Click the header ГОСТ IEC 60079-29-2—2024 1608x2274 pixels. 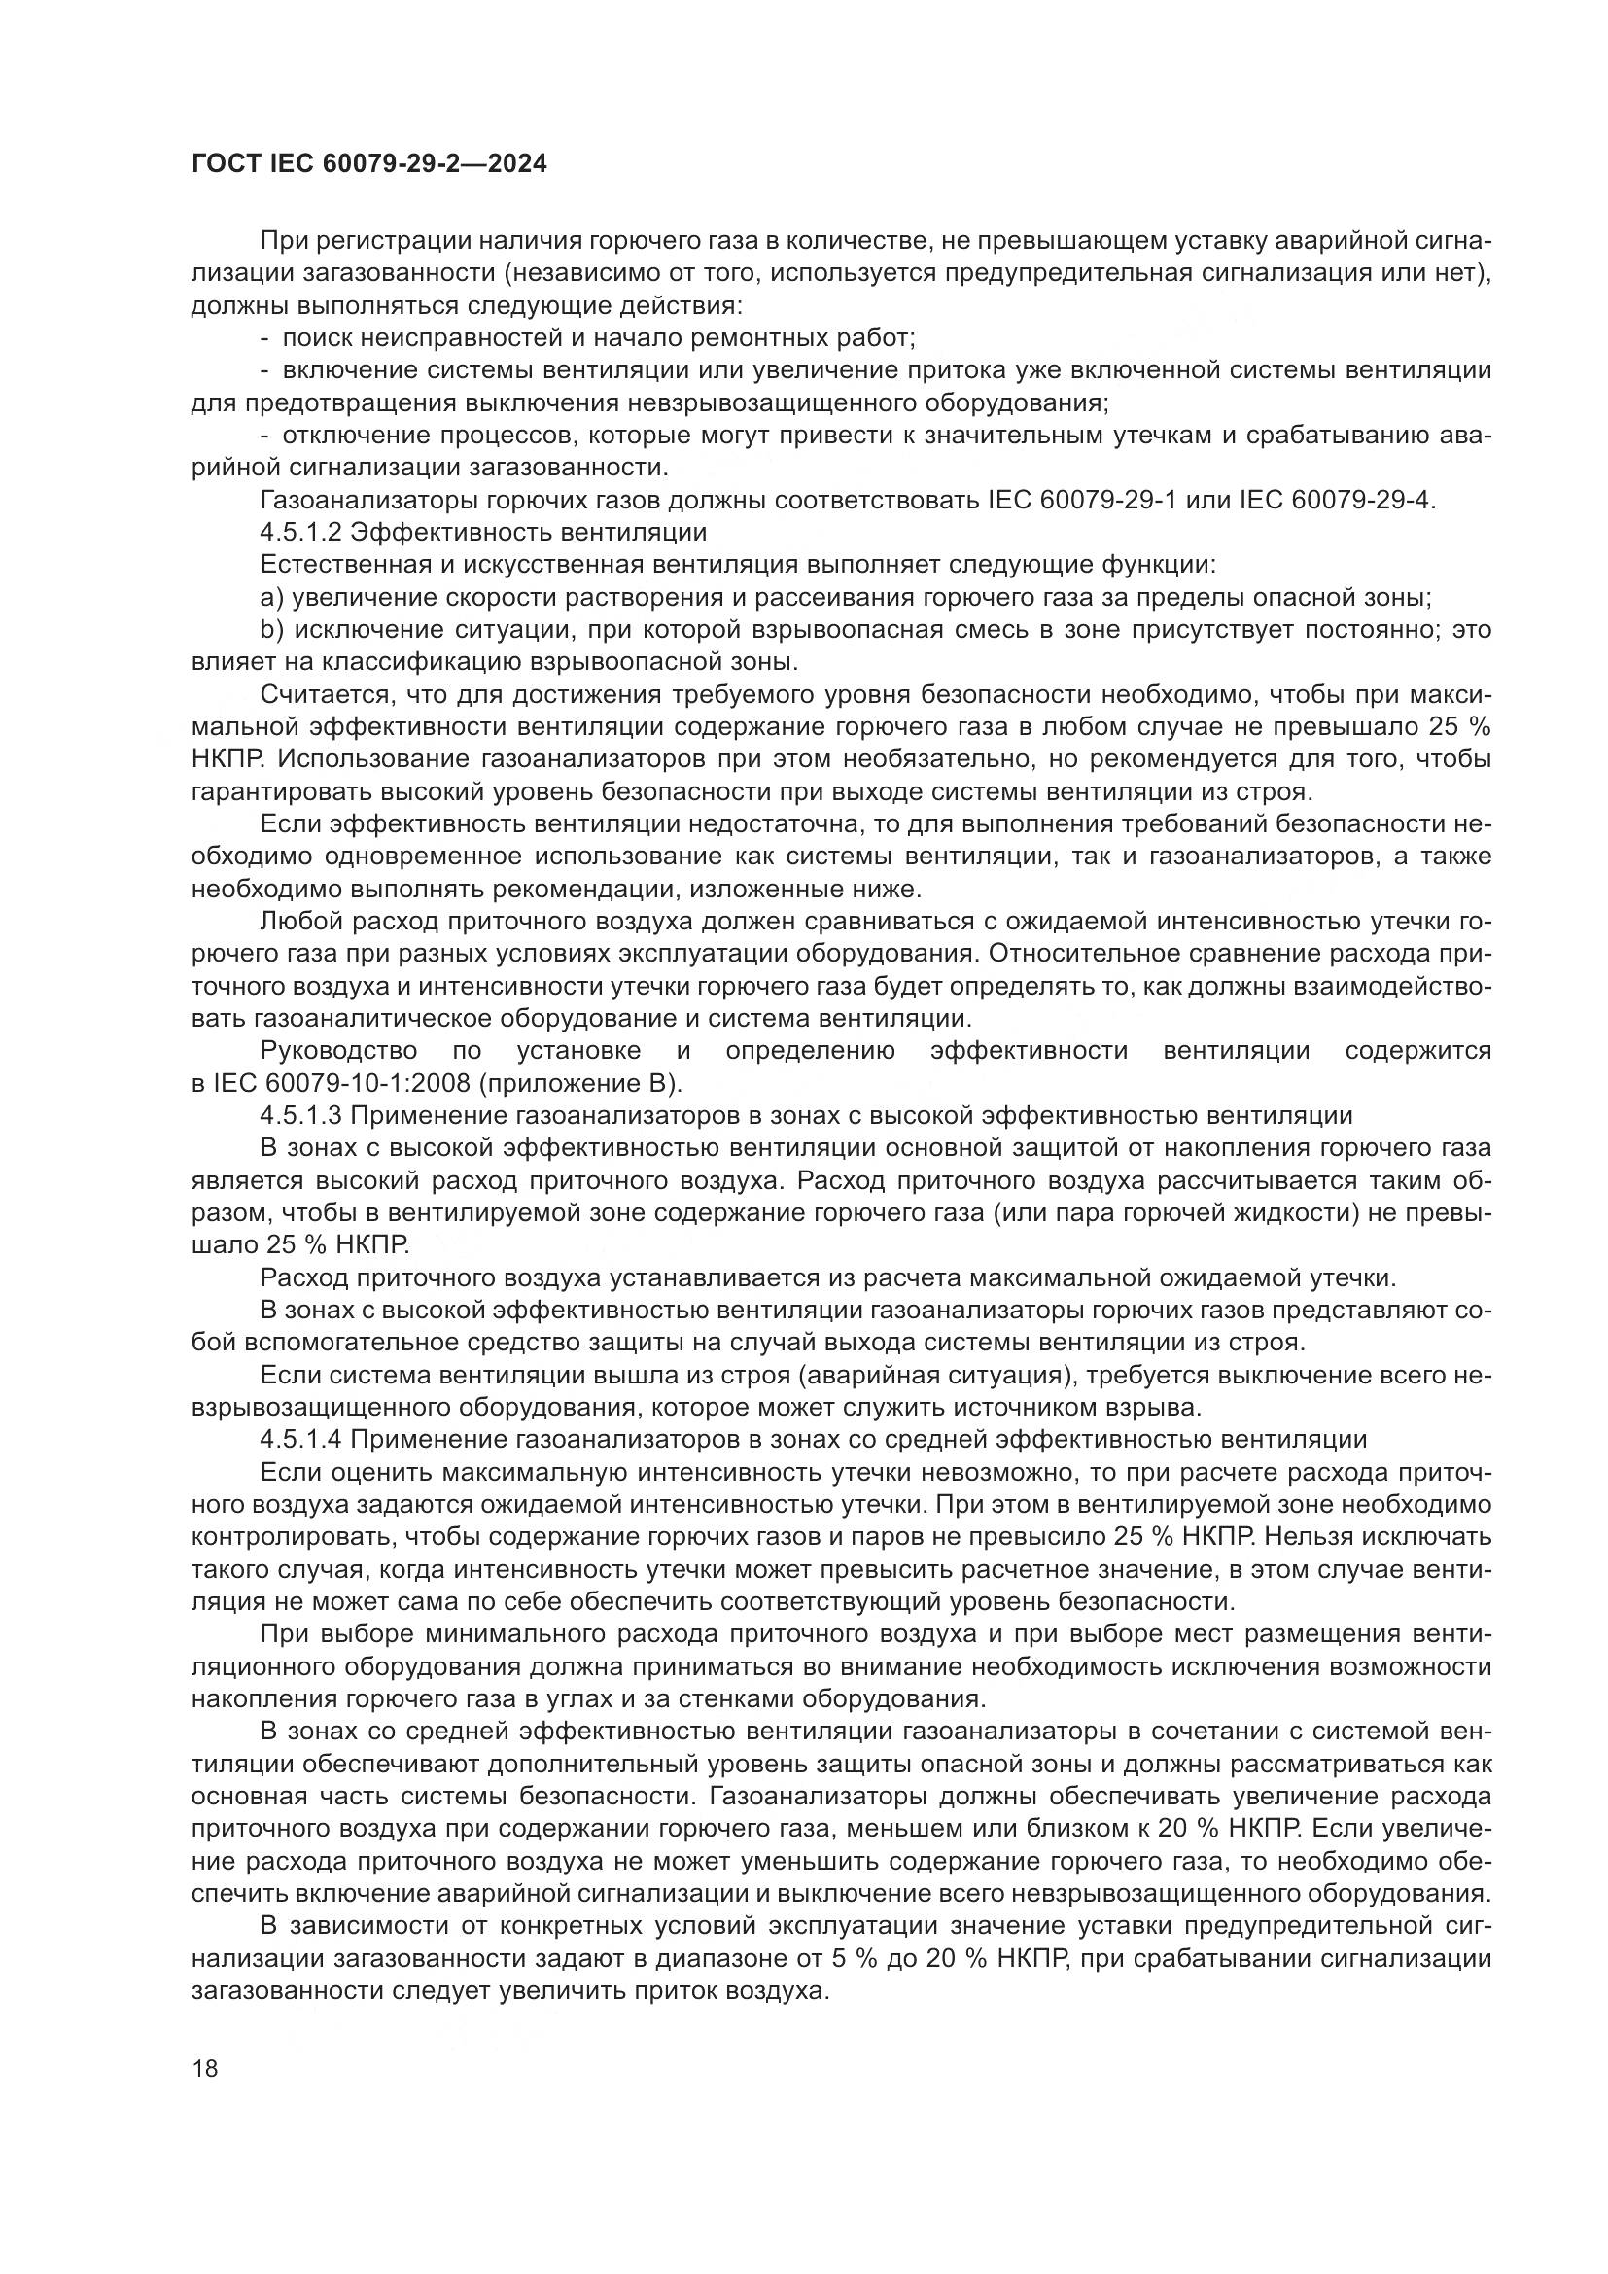[368, 164]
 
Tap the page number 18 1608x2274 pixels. [205, 2069]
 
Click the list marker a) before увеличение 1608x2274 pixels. [271, 597]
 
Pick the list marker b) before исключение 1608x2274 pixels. [271, 630]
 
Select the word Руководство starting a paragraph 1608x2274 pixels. [337, 1050]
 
